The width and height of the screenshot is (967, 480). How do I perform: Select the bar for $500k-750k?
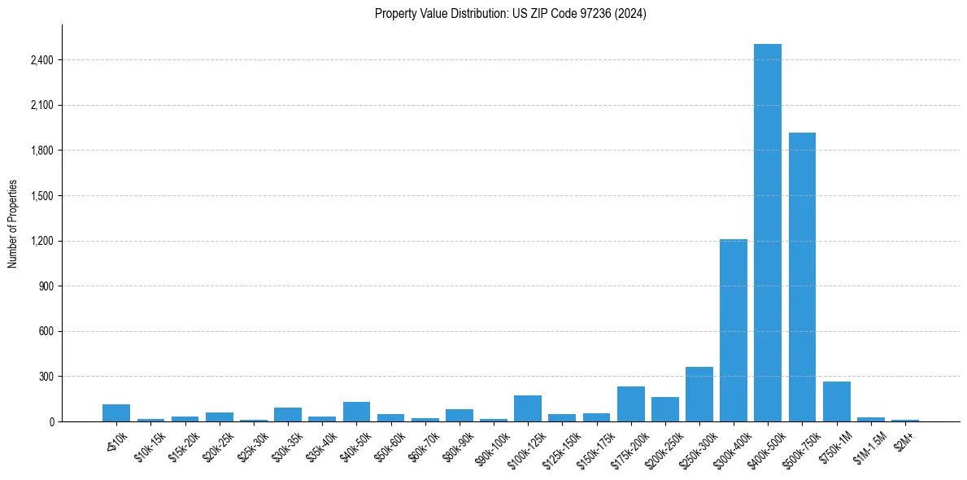point(802,277)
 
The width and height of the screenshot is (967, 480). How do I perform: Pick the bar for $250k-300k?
point(699,395)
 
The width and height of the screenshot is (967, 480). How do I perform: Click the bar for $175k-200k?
point(630,404)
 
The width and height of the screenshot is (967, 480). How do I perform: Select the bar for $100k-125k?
point(527,408)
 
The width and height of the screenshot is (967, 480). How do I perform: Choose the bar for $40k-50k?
point(356,412)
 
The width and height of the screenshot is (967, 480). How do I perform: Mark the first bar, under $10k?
point(116,413)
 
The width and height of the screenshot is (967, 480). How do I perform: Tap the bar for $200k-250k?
point(664,409)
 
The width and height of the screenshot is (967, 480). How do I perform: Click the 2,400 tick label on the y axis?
point(41,60)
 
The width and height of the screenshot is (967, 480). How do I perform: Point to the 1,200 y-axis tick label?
point(41,242)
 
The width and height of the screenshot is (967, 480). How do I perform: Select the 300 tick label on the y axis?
point(46,377)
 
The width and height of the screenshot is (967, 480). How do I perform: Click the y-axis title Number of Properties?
point(13,223)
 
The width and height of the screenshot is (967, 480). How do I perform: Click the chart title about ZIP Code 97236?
point(510,14)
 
